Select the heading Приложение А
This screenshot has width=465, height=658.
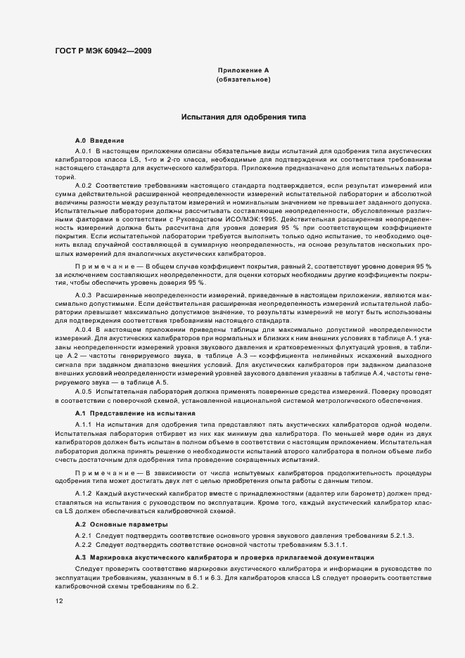(x=243, y=71)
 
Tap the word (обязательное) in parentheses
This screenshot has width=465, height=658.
(x=243, y=80)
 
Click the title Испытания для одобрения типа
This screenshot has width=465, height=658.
(x=243, y=117)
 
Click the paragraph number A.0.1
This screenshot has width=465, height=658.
(x=84, y=151)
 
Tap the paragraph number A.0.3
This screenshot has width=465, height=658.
(x=84, y=294)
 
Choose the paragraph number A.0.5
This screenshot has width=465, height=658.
(x=84, y=390)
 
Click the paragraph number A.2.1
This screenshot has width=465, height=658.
(x=84, y=536)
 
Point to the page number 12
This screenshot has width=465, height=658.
(x=58, y=600)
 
